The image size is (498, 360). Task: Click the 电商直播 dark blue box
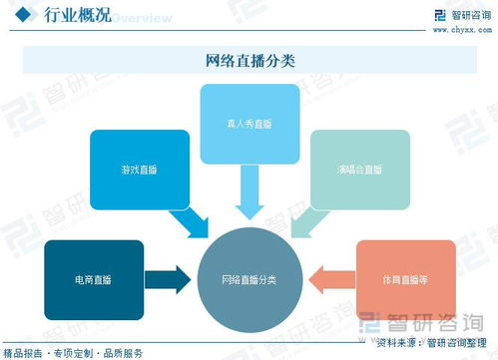(94, 279)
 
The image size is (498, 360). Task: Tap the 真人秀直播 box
(249, 126)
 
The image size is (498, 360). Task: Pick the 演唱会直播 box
(359, 170)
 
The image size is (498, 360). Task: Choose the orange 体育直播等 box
(406, 279)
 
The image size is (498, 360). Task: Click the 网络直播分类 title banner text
(249, 61)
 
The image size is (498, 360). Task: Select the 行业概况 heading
(74, 16)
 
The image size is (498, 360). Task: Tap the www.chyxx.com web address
(459, 29)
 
